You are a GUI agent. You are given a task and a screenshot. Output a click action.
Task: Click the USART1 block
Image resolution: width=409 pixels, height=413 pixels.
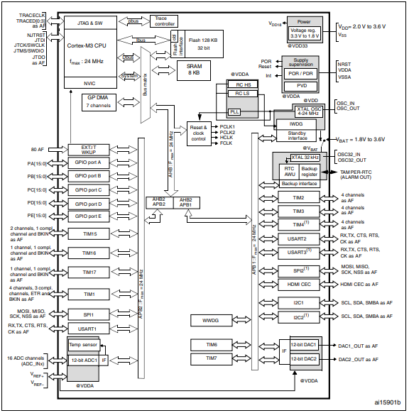tap(87, 329)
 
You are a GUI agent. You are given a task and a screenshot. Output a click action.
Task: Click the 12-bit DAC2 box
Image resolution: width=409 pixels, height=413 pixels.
tap(305, 360)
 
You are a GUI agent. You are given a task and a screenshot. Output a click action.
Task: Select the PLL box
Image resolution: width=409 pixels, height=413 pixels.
tap(234, 112)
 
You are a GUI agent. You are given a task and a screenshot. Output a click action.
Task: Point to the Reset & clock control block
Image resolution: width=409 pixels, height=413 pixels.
tap(198, 133)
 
